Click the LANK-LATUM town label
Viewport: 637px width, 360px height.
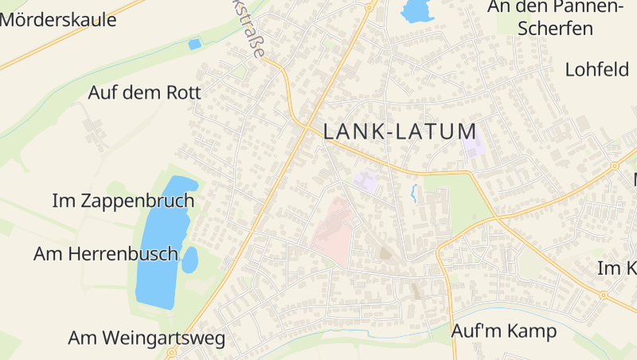click(400, 131)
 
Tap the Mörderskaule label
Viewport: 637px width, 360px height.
click(57, 20)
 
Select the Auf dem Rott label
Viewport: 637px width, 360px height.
click(144, 92)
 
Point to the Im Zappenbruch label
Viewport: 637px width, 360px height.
click(123, 200)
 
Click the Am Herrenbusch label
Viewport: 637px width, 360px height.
click(105, 253)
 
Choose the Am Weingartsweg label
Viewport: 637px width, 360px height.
click(147, 338)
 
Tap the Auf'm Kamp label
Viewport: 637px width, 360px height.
click(503, 331)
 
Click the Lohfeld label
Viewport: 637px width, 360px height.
click(597, 69)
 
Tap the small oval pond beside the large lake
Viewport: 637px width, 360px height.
click(190, 260)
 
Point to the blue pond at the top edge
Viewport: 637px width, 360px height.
click(415, 10)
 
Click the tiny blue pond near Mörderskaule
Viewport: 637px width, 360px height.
click(194, 45)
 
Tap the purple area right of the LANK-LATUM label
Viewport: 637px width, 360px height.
click(474, 147)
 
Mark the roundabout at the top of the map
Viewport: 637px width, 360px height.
click(369, 7)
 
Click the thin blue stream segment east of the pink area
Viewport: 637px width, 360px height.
click(413, 193)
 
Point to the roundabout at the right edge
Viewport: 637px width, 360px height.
click(615, 166)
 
